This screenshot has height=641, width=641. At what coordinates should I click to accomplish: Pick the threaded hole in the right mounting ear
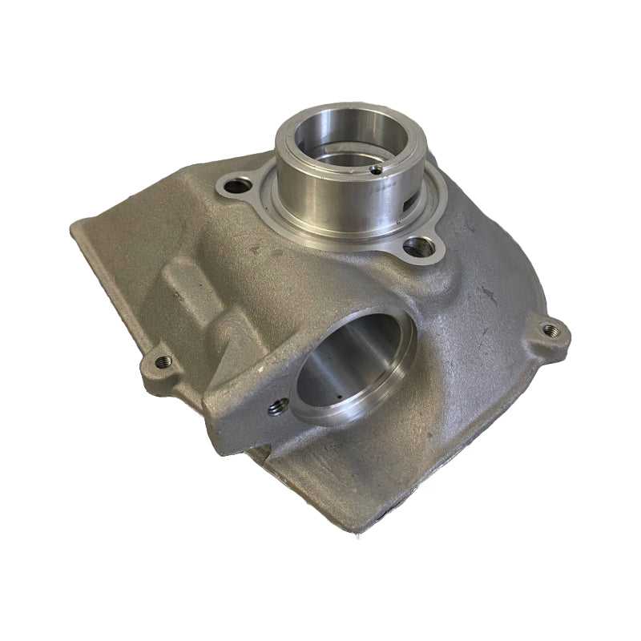(x=549, y=329)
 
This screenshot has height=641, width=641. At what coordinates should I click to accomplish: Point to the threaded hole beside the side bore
(x=276, y=409)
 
